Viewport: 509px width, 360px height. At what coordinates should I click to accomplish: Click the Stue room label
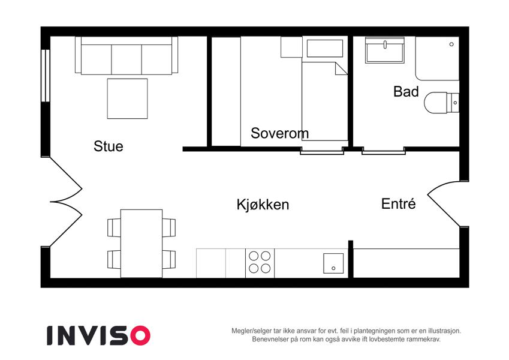point(109,146)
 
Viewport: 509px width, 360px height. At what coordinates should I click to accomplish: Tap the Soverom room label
point(279,133)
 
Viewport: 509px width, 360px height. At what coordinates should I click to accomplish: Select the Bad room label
point(406,92)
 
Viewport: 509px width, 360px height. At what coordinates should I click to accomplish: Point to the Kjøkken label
point(263,205)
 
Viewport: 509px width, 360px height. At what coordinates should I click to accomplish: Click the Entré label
point(398,204)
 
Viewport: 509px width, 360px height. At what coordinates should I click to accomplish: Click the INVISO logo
point(98,335)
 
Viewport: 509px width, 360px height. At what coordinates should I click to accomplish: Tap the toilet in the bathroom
point(441,103)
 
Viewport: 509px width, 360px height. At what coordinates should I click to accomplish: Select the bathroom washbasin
point(385,50)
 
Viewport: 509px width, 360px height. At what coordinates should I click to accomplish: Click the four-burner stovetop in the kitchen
point(260,263)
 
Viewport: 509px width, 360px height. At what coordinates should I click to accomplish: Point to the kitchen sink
point(333,263)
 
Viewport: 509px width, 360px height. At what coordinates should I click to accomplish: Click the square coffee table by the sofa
point(127,98)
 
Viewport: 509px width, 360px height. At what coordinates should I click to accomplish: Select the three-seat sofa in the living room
point(127,55)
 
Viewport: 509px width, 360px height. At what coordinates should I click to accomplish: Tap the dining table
point(141,244)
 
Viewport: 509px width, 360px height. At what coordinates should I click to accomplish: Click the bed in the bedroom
point(324,101)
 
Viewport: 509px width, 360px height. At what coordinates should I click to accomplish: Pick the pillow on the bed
point(324,49)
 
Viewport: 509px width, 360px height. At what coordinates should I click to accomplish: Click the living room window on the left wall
point(46,76)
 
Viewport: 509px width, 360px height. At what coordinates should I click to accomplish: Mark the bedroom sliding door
point(322,151)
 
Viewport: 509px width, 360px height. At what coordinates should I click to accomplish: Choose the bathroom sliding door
point(383,151)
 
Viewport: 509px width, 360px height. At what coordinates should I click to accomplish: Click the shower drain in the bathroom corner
point(451,44)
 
